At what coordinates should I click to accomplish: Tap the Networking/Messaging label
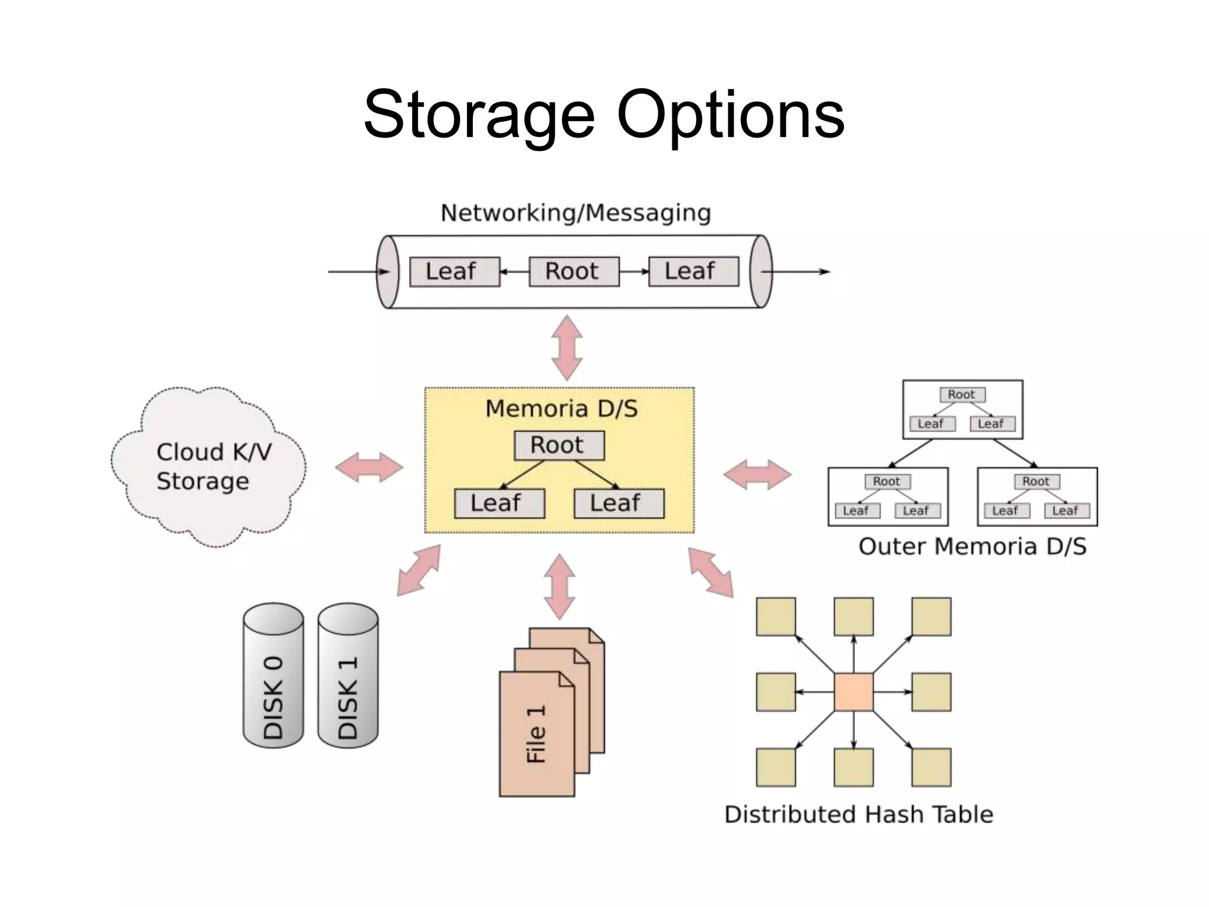[x=576, y=213]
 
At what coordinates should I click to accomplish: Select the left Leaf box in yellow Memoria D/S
[x=499, y=504]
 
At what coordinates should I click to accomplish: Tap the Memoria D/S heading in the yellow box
[x=561, y=409]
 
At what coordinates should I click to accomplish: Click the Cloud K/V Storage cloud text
[x=213, y=466]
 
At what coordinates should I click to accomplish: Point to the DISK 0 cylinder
[x=273, y=676]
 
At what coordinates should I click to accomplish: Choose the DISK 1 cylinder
[x=348, y=676]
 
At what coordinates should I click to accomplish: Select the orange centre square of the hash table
[x=854, y=692]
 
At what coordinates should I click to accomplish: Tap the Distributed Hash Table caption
[x=858, y=815]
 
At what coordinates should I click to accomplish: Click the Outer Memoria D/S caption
[x=972, y=547]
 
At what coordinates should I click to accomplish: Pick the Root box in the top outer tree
[x=962, y=394]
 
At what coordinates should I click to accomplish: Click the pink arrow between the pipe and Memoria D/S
[x=567, y=348]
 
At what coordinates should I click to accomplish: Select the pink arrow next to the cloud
[x=369, y=468]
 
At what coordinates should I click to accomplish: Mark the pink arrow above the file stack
[x=559, y=586]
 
